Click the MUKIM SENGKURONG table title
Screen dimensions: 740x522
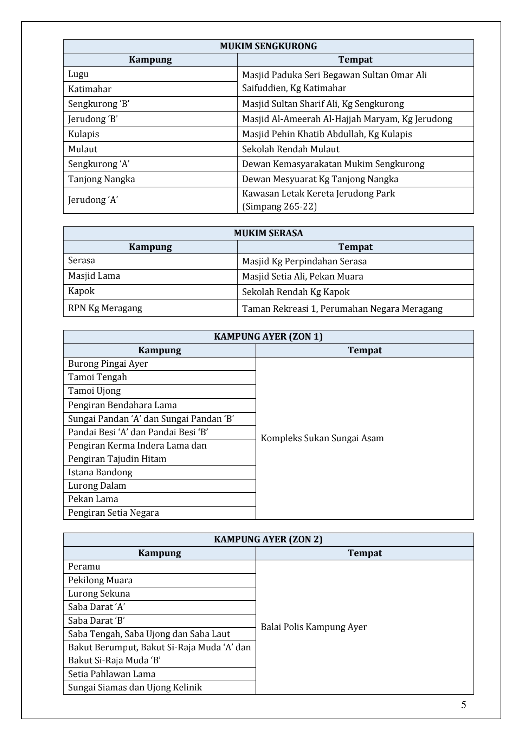tap(268, 46)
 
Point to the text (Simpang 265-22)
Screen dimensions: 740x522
tap(279, 206)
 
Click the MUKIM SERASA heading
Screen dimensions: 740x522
tap(268, 233)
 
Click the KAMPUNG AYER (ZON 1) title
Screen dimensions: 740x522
tap(268, 337)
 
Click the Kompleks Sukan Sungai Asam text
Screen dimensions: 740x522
tap(322, 438)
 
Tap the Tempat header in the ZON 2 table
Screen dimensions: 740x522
tap(365, 553)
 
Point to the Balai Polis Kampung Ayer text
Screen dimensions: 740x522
tap(314, 627)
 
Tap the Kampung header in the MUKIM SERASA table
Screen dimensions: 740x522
tap(150, 247)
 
